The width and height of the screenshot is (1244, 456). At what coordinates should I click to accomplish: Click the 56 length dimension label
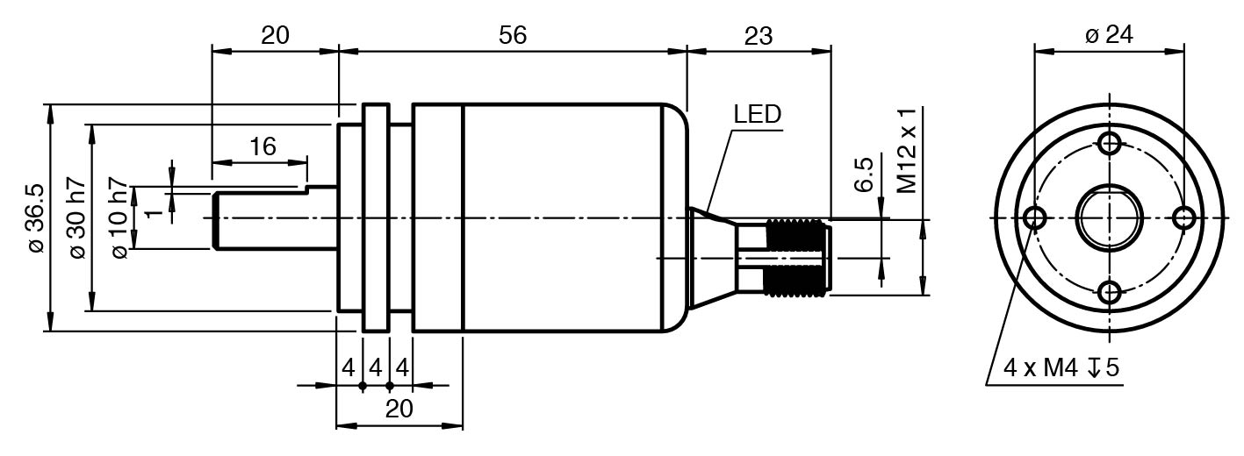click(x=512, y=35)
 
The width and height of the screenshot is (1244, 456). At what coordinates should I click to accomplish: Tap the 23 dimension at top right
click(x=759, y=35)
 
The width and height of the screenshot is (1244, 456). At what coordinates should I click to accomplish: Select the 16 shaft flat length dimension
click(x=262, y=146)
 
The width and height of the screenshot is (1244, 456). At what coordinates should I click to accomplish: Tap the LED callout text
click(x=757, y=114)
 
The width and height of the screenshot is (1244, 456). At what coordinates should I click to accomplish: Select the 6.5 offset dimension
click(x=864, y=175)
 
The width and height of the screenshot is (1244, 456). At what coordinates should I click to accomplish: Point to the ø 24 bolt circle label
click(x=1110, y=35)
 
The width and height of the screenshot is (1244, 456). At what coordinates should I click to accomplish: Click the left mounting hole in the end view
click(x=1036, y=217)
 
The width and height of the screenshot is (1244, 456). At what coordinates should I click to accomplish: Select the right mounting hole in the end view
click(x=1184, y=217)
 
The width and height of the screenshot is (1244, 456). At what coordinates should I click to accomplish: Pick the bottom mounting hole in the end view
click(x=1111, y=292)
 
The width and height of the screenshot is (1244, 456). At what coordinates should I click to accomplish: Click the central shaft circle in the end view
click(x=1110, y=217)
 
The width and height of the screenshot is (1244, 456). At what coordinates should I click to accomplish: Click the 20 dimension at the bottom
click(x=399, y=409)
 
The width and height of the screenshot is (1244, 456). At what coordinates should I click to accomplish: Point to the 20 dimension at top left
click(x=275, y=35)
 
